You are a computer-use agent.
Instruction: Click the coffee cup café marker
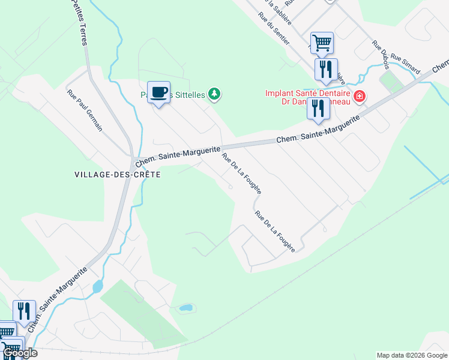point(158,92)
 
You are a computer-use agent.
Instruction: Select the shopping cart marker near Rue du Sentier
point(322,43)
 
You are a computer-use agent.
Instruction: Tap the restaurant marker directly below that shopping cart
point(326,69)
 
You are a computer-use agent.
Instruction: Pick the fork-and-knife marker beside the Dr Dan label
point(318,109)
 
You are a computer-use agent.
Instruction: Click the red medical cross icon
point(360,96)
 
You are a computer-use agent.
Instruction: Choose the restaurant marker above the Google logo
point(24,311)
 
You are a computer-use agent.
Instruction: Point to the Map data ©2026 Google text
point(411,355)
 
